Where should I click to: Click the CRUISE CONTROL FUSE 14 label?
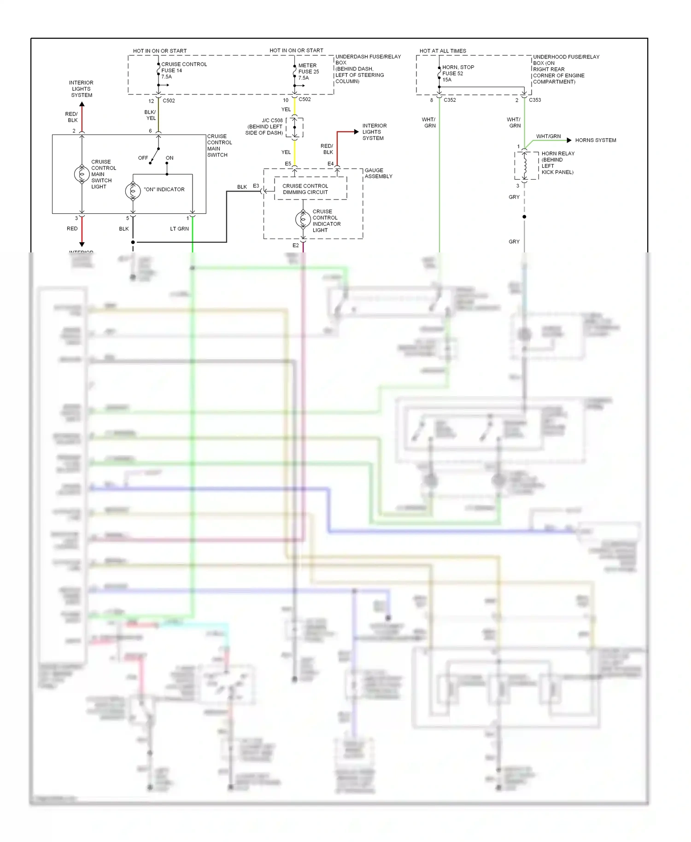click(183, 70)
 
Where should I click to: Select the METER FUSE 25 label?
click(308, 71)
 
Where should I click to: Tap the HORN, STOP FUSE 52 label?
click(457, 73)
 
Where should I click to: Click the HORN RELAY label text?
click(557, 163)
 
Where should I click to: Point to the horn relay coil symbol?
click(525, 165)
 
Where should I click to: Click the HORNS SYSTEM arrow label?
click(595, 140)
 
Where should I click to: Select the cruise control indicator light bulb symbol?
click(303, 220)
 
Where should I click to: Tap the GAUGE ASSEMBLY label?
click(378, 173)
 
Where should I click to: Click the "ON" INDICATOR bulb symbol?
click(133, 191)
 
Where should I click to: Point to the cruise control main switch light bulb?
click(82, 174)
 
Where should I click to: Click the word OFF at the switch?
click(143, 158)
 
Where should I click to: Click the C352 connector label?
click(450, 100)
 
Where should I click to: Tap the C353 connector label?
click(535, 100)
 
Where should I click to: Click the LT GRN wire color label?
click(179, 229)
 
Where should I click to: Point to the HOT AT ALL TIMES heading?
click(442, 51)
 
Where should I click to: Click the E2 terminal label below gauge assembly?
click(295, 246)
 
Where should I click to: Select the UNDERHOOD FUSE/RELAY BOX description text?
click(566, 69)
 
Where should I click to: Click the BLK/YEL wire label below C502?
click(150, 115)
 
